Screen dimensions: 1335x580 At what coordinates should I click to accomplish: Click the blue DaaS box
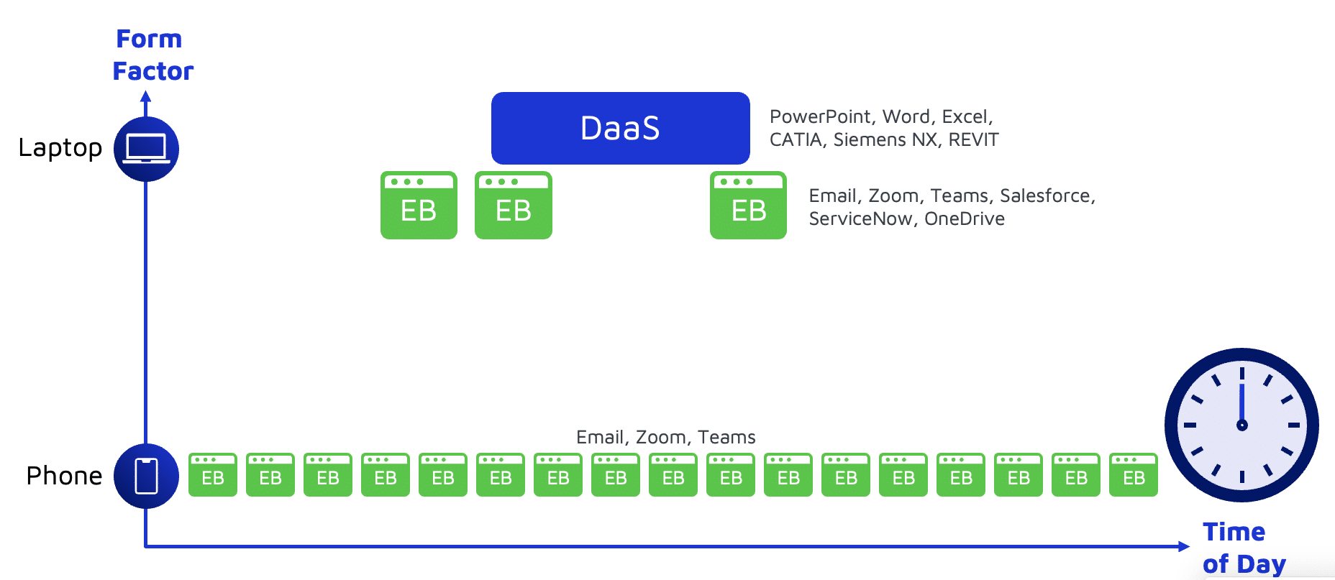(x=620, y=128)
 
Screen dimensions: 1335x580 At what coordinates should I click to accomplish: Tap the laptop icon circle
(x=146, y=149)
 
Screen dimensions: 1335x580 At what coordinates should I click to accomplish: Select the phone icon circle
(x=146, y=476)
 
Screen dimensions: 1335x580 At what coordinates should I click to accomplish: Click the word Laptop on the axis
(x=60, y=148)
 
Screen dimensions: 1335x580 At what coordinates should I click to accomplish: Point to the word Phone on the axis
(x=64, y=476)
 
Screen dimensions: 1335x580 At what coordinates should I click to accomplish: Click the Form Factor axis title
(x=152, y=55)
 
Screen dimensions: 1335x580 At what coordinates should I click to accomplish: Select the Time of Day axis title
(x=1244, y=548)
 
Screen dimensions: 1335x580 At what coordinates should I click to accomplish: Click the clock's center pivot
(x=1242, y=425)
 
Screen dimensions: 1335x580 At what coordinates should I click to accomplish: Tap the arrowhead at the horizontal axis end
(x=1184, y=546)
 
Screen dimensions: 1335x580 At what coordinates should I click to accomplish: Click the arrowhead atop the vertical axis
(x=146, y=96)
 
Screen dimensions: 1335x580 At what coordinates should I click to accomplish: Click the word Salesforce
(x=1047, y=195)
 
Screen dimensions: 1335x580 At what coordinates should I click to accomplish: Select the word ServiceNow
(x=860, y=218)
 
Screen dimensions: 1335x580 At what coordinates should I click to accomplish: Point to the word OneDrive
(x=965, y=218)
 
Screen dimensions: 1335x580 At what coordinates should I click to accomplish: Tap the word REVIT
(x=974, y=139)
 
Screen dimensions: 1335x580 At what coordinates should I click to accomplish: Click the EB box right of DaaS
(x=748, y=205)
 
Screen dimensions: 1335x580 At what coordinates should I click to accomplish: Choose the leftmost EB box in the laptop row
(x=419, y=205)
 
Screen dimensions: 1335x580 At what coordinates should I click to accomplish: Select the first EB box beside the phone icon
(x=213, y=474)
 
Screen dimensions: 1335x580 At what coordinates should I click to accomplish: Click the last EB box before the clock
(x=1134, y=474)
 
